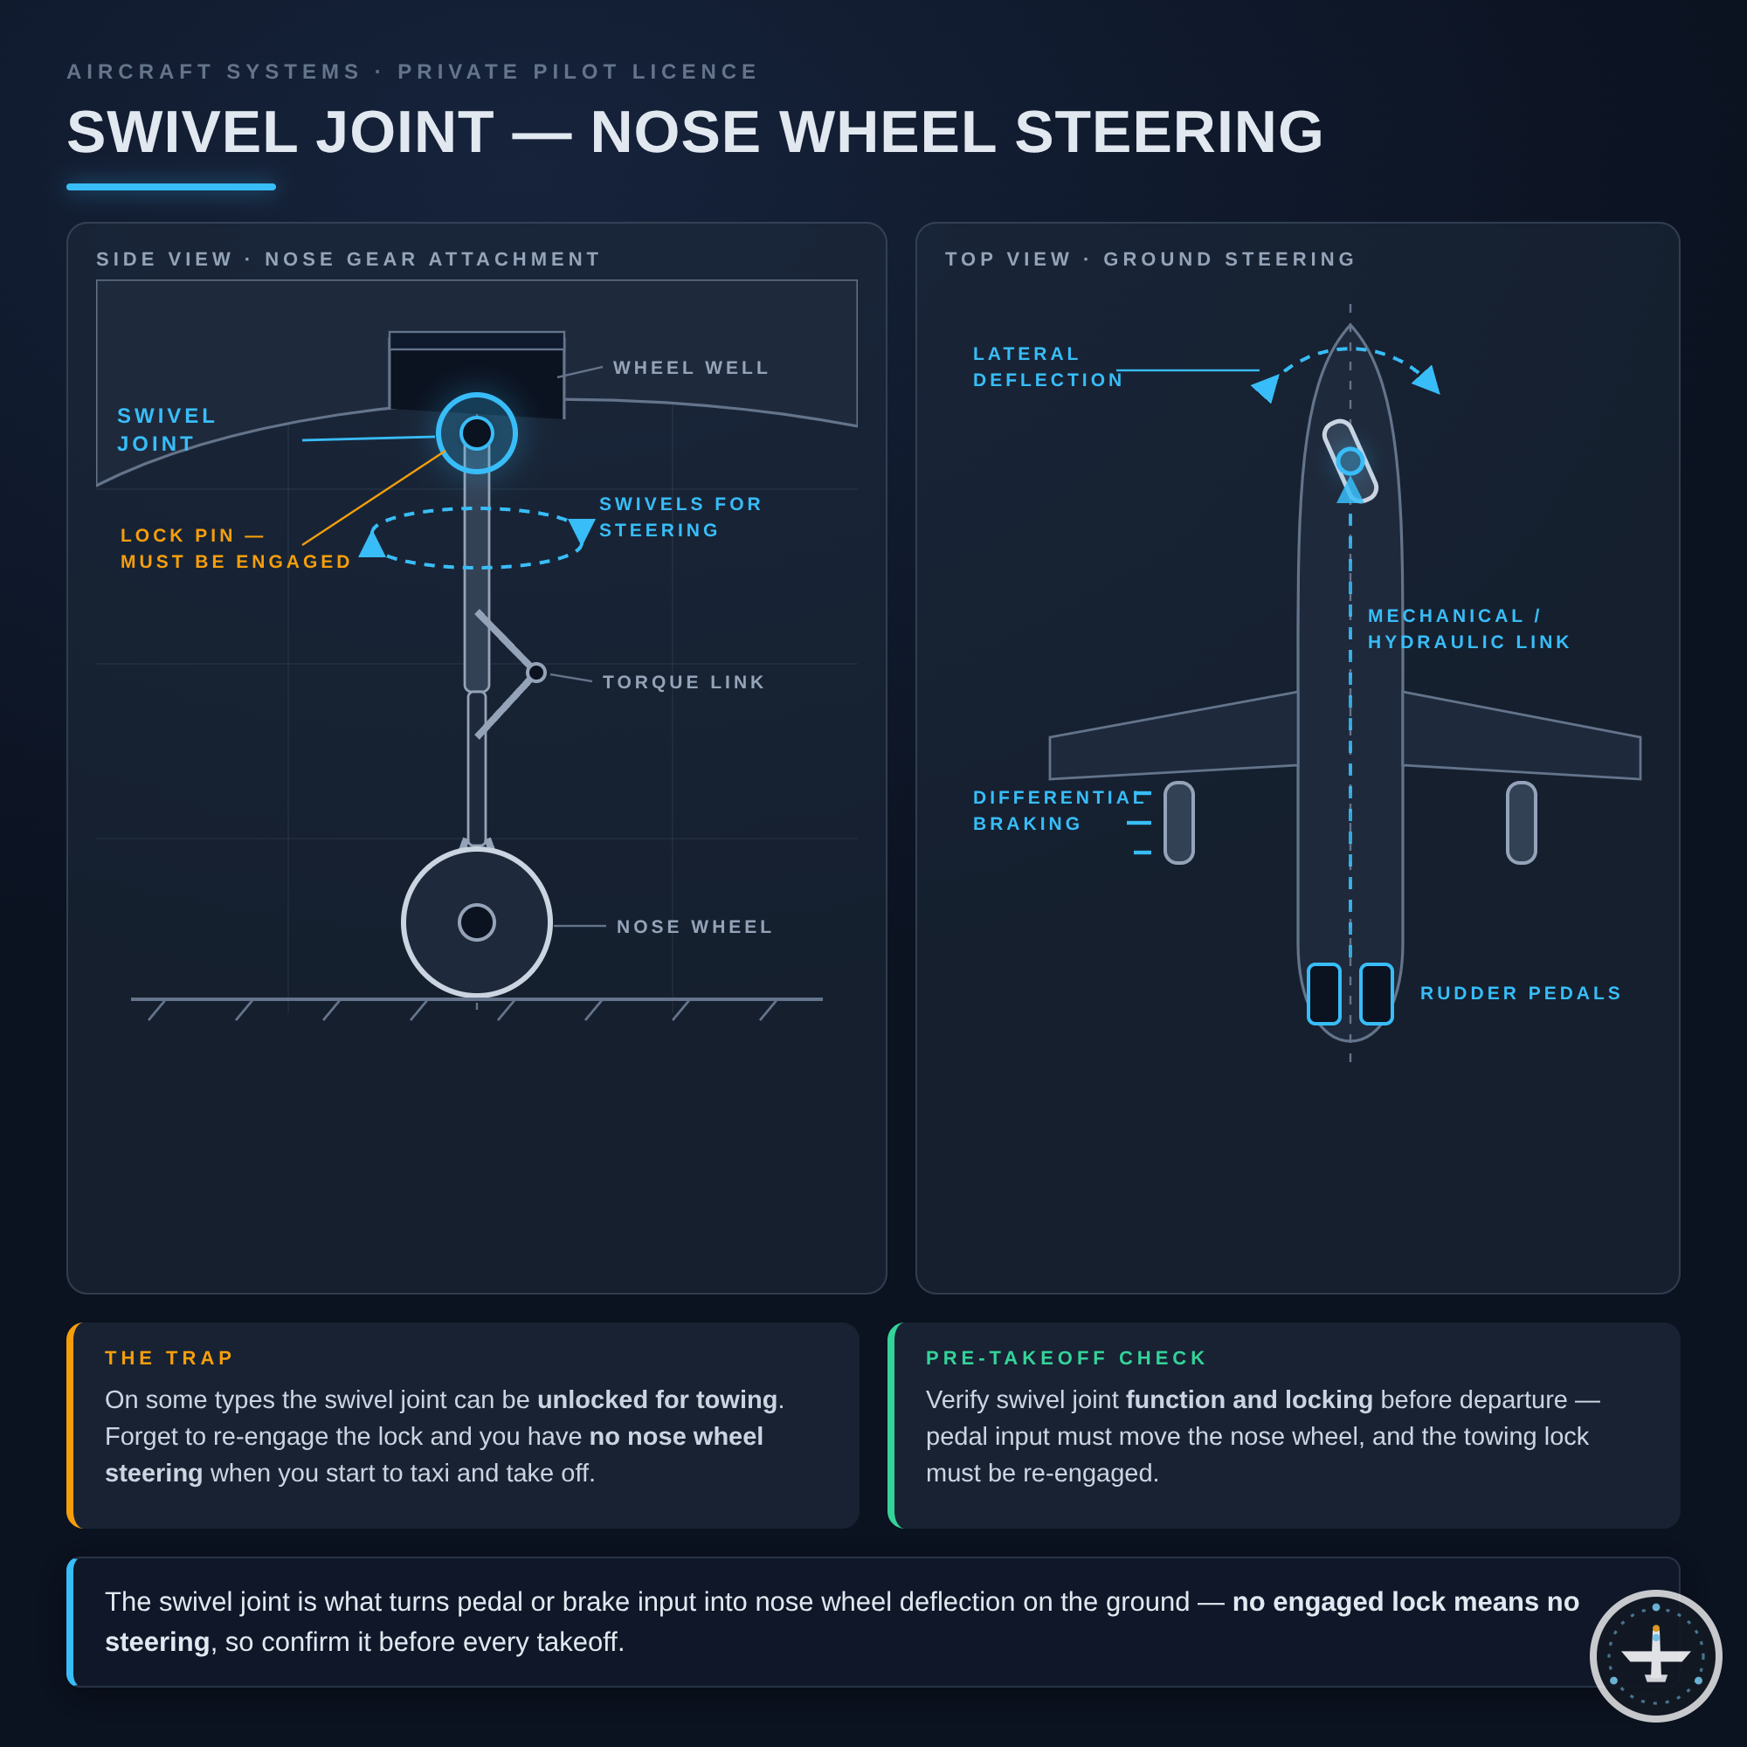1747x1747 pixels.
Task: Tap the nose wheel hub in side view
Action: click(x=477, y=922)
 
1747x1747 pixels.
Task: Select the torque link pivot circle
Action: click(x=536, y=673)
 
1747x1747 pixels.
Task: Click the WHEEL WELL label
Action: click(x=691, y=368)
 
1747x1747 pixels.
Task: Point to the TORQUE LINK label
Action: click(x=684, y=683)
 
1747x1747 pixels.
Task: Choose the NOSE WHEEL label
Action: click(x=694, y=927)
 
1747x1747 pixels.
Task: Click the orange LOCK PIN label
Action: click(x=236, y=549)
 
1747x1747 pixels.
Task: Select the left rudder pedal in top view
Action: click(x=1324, y=994)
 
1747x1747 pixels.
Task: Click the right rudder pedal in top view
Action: click(x=1377, y=994)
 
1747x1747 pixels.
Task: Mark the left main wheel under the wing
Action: click(x=1179, y=823)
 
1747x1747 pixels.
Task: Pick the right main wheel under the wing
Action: click(x=1522, y=823)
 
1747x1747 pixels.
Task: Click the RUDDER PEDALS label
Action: click(x=1521, y=994)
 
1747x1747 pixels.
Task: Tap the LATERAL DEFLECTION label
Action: click(x=1048, y=367)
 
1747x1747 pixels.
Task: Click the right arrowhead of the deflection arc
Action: click(x=1427, y=380)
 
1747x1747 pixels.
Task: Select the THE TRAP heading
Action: click(x=169, y=1358)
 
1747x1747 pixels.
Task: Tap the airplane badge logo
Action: click(x=1655, y=1655)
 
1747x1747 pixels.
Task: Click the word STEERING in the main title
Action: click(x=1170, y=132)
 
